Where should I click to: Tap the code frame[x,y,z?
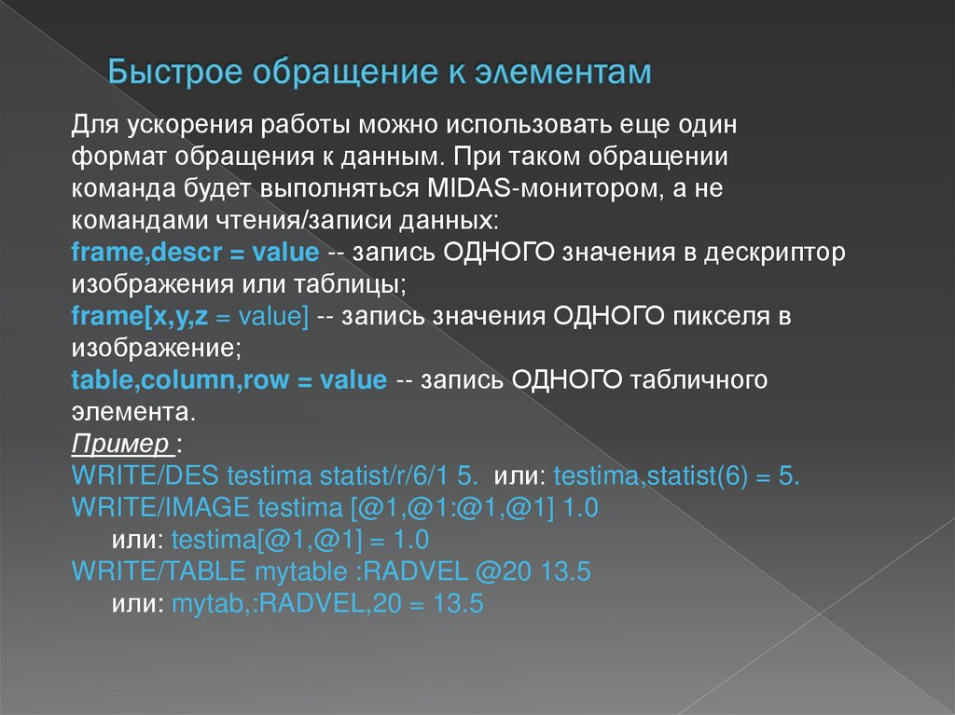139,317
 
